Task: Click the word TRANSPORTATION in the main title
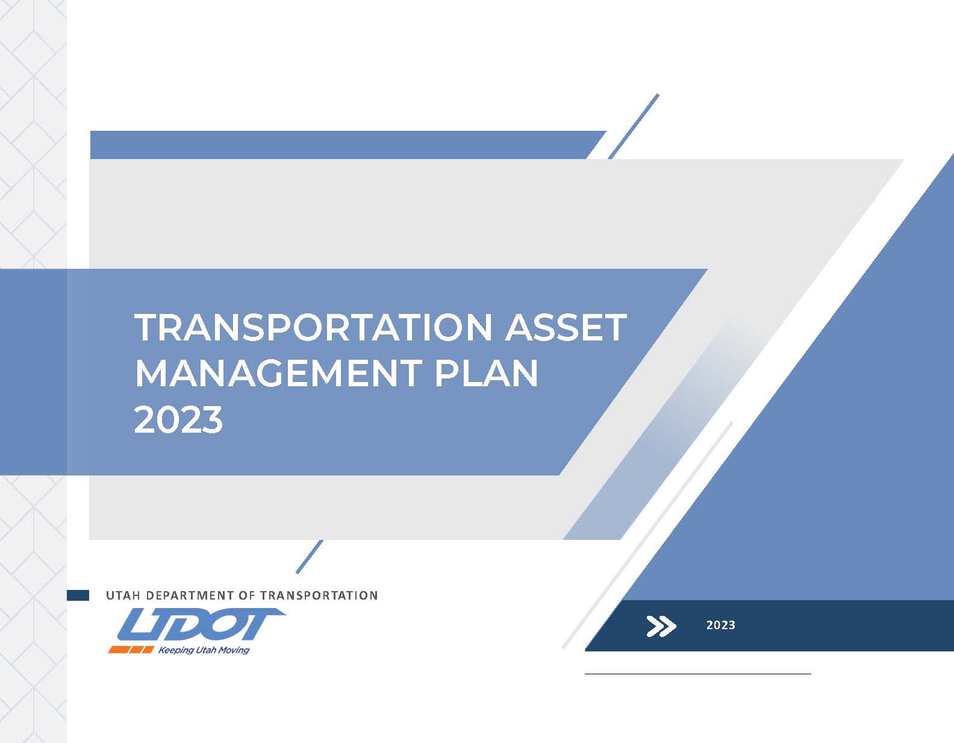coord(313,327)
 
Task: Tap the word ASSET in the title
coord(566,327)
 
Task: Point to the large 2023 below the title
coord(178,420)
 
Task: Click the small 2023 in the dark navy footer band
coord(720,625)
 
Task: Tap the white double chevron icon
coord(661,626)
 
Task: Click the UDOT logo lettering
coord(201,624)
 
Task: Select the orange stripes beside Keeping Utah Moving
coord(131,650)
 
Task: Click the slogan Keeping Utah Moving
coord(204,650)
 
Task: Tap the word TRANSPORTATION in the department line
coord(319,595)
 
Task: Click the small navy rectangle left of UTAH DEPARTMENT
coord(78,595)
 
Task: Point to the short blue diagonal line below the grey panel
coord(310,556)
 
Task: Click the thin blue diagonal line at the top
coord(634,126)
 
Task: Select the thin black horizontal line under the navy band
coord(697,673)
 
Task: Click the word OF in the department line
coord(247,595)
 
